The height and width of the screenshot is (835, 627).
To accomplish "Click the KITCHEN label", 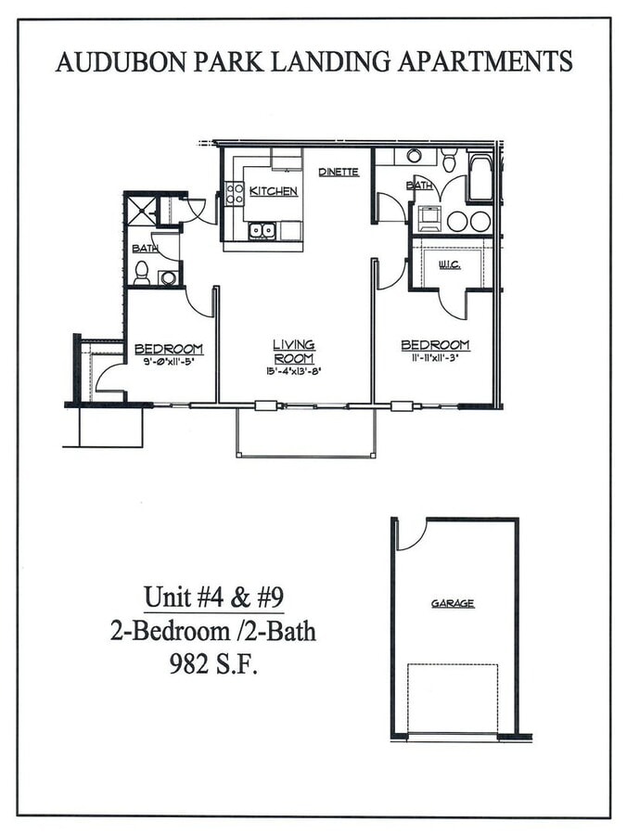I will click(x=273, y=191).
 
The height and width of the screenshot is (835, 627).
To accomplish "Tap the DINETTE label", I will click(x=338, y=172).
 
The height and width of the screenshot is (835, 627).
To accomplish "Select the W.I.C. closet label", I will click(x=449, y=264).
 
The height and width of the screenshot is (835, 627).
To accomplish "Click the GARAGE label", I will click(x=453, y=603).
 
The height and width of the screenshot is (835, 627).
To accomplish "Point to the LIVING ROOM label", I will click(x=293, y=352).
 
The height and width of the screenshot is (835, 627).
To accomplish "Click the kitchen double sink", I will click(x=262, y=229).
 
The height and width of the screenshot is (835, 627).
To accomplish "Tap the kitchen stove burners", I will click(x=234, y=193).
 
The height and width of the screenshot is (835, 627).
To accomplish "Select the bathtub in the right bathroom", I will click(x=480, y=177).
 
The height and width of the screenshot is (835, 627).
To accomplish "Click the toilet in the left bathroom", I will click(x=142, y=273).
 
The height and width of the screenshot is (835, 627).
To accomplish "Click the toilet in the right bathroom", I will click(x=449, y=161).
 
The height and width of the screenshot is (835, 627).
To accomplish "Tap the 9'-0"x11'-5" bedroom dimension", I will click(x=168, y=360).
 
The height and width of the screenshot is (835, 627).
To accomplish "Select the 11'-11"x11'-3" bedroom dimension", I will click(x=435, y=357).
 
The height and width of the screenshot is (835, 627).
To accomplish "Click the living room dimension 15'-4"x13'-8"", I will click(x=293, y=371).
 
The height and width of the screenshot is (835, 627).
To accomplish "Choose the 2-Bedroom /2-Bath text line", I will click(x=212, y=632).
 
